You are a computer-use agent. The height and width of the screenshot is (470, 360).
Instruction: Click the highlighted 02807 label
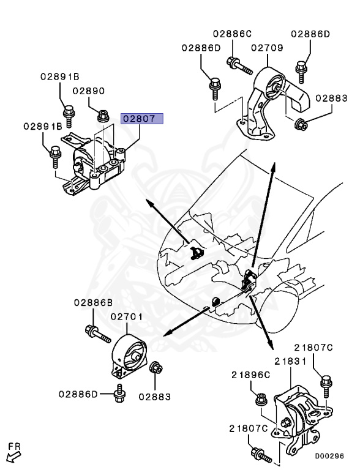click(x=142, y=119)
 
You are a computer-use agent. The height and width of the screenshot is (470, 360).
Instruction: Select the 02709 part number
click(x=267, y=48)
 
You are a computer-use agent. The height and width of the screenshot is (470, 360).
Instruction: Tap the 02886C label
click(x=232, y=34)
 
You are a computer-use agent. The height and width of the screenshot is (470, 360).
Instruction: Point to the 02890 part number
click(x=89, y=91)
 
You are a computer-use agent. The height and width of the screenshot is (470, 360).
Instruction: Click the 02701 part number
click(x=127, y=316)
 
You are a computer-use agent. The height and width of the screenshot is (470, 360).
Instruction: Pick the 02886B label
click(x=93, y=302)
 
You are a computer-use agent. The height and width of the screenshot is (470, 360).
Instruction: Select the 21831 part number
click(x=290, y=362)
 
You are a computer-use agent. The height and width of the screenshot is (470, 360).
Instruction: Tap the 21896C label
click(x=251, y=375)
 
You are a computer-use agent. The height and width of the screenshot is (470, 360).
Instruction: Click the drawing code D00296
click(x=329, y=456)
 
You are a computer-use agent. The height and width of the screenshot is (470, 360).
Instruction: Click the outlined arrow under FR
click(x=13, y=457)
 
